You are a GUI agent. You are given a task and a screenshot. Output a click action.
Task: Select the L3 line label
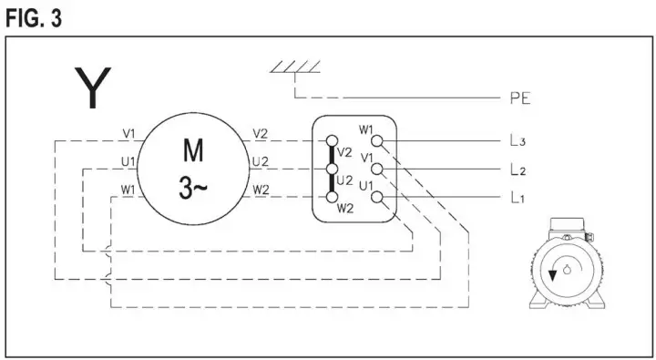pyautogui.click(x=518, y=141)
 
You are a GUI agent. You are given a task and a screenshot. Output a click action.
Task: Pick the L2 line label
pyautogui.click(x=518, y=170)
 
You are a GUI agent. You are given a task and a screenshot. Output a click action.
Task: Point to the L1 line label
pyautogui.click(x=518, y=198)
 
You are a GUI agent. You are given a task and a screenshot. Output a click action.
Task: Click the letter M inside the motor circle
pyautogui.click(x=193, y=149)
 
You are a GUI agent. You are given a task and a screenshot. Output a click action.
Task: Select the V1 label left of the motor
pyautogui.click(x=128, y=133)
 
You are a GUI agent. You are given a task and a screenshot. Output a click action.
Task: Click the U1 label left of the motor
pyautogui.click(x=128, y=161)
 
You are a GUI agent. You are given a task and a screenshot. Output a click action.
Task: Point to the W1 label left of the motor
pyautogui.click(x=128, y=190)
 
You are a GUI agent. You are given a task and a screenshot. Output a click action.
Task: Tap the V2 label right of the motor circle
pyautogui.click(x=261, y=133)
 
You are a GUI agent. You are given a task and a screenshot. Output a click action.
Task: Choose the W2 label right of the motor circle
pyautogui.click(x=261, y=190)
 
